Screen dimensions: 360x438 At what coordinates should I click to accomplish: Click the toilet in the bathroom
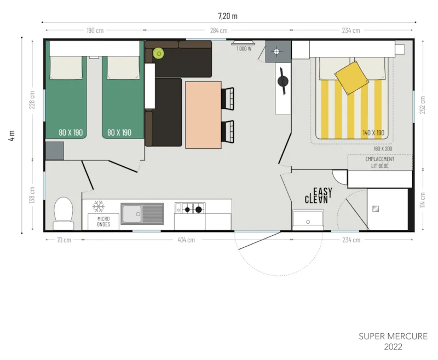tap(64, 212)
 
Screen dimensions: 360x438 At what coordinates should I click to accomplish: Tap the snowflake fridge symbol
tap(99, 206)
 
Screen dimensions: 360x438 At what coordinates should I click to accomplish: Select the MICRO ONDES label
tap(103, 222)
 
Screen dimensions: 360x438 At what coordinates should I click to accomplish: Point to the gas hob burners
tap(193, 208)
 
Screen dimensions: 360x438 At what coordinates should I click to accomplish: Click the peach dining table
tap(203, 115)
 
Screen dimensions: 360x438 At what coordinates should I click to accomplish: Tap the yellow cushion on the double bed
tap(351, 77)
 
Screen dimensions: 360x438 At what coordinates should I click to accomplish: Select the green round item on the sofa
tap(159, 53)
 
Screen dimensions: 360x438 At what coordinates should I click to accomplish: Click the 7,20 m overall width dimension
tap(227, 16)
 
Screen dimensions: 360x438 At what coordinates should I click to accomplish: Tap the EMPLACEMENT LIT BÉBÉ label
tap(379, 162)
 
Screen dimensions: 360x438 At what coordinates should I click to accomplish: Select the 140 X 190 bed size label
tap(373, 132)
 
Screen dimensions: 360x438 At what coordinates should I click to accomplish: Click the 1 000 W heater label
tap(244, 49)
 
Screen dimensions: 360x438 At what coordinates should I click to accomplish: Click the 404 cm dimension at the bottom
tap(186, 240)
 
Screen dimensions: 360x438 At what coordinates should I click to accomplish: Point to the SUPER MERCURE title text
tap(393, 336)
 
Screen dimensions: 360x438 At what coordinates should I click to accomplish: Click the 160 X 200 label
tap(384, 148)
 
